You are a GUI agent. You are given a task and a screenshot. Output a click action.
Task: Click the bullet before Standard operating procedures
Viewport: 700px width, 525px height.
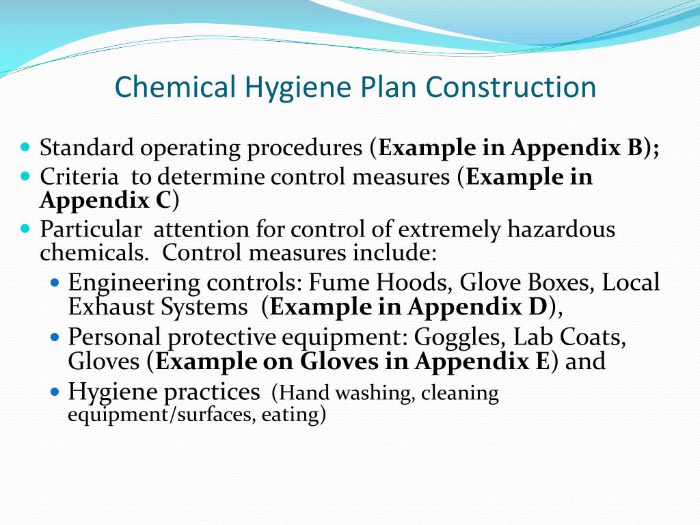click(x=26, y=146)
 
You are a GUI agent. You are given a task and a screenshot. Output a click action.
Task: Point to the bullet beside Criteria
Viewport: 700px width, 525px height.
click(x=26, y=176)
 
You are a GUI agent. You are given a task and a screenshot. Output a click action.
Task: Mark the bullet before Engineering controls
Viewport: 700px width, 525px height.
click(x=56, y=282)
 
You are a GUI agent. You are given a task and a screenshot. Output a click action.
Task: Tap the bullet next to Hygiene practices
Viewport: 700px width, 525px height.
click(x=56, y=392)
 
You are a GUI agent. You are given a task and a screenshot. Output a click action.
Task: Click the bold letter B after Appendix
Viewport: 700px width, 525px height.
click(x=634, y=148)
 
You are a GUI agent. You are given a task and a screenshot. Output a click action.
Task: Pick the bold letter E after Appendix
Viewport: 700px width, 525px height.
click(x=541, y=361)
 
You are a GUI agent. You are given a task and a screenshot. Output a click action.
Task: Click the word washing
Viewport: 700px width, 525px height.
click(x=372, y=394)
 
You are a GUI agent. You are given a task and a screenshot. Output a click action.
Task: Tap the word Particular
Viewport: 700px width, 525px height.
click(x=91, y=229)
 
